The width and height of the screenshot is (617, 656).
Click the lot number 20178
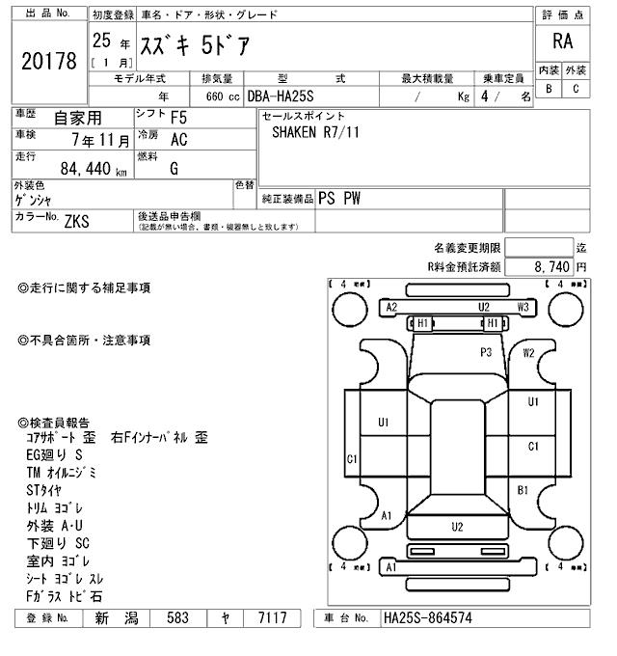(x=48, y=61)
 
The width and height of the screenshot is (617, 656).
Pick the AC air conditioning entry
(x=178, y=140)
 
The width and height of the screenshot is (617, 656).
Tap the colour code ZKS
(x=77, y=221)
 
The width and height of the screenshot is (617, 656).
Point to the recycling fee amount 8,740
(x=550, y=266)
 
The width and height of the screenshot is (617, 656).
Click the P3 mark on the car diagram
(x=486, y=353)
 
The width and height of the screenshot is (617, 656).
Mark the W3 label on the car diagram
(x=523, y=307)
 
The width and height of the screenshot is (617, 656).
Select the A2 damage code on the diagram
(x=391, y=307)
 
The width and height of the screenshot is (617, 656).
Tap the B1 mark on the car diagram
(x=523, y=491)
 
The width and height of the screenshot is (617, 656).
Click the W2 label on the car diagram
(x=528, y=353)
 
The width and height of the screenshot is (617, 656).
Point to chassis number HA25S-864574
(x=427, y=617)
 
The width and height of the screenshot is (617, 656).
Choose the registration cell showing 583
(x=177, y=617)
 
